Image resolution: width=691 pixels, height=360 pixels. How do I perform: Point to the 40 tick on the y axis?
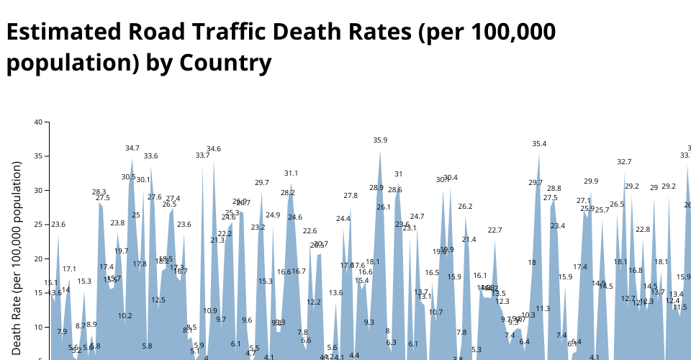point(38,122)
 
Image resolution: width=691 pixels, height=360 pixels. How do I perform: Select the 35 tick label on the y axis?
point(38,156)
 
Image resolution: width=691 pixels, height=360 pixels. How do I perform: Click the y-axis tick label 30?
point(38,190)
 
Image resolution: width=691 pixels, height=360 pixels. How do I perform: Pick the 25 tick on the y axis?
point(38,225)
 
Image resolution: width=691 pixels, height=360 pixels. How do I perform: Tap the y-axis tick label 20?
point(38,258)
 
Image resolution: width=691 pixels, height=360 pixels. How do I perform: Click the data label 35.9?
point(380,140)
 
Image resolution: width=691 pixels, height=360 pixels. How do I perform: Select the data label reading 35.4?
point(539,144)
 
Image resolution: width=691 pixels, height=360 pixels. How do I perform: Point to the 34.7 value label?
point(132,148)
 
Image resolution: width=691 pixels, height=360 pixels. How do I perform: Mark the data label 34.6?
point(214,149)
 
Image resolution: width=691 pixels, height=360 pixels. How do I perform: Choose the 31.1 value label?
point(291,174)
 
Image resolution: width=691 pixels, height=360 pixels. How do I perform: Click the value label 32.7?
point(624,162)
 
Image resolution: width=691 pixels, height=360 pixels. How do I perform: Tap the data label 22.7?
point(494,230)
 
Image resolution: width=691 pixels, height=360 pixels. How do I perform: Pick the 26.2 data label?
point(465,207)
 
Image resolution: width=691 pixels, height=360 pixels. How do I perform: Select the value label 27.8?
point(351,196)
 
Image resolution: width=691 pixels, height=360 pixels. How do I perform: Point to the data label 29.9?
point(591,181)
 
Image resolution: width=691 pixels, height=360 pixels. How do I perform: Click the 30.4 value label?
point(451,178)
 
